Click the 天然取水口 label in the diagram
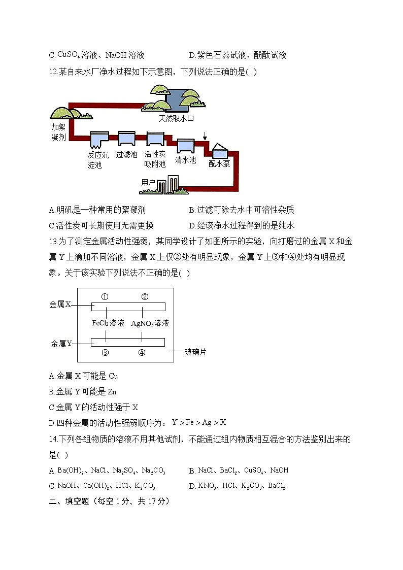click(176, 118)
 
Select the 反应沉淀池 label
click(98, 160)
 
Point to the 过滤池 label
click(126, 154)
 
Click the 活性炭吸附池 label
click(155, 159)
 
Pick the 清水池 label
click(185, 159)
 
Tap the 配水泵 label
click(219, 163)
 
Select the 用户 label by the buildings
click(148, 182)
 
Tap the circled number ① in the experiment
click(105, 297)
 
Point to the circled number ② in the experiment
click(144, 297)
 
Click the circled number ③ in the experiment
click(105, 353)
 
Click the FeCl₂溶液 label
click(108, 323)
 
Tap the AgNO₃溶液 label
click(150, 323)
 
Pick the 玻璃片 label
click(195, 351)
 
